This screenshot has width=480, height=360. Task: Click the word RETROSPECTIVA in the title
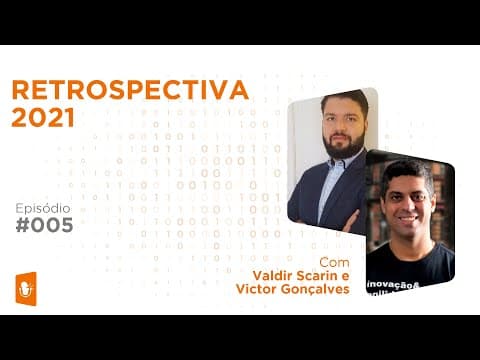tap(129, 90)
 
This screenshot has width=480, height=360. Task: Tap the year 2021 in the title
tap(43, 117)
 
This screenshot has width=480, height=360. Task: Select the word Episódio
tap(44, 205)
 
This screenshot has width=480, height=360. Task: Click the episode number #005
tap(45, 225)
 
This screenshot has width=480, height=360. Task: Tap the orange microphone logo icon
tap(27, 285)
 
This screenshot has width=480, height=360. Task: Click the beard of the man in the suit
tap(343, 144)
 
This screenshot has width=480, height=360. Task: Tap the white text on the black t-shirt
tap(395, 285)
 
